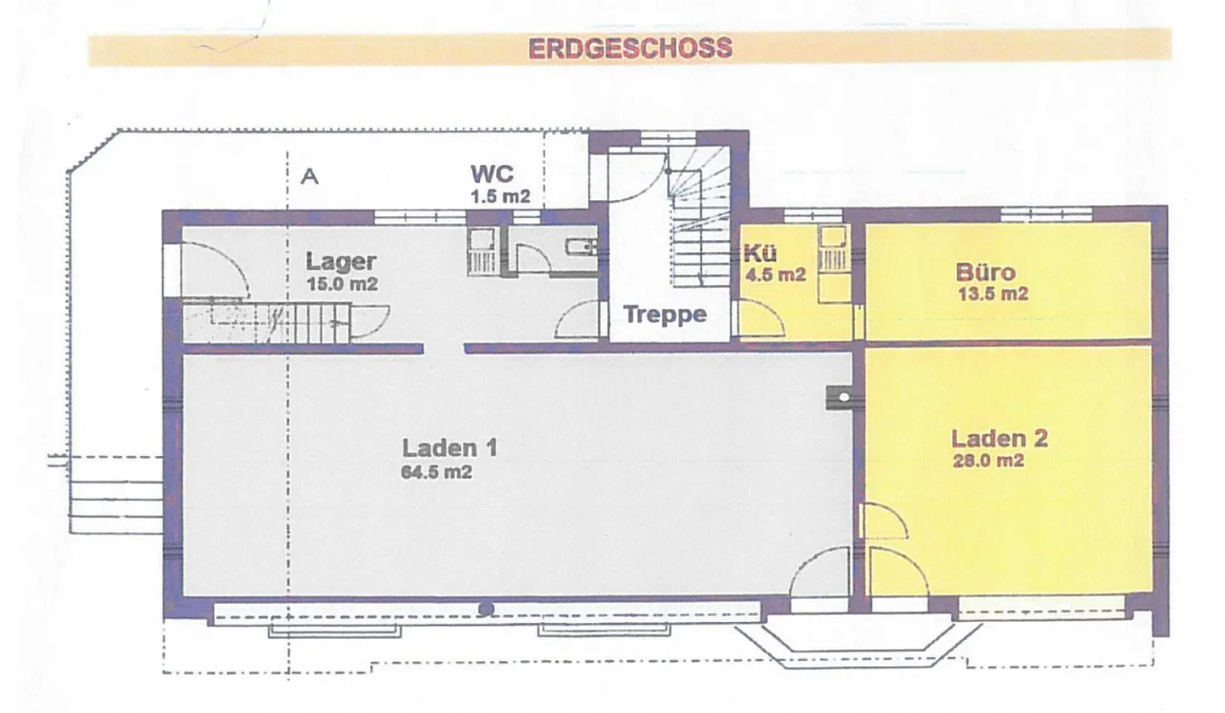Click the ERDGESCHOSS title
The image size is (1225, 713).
(x=630, y=48)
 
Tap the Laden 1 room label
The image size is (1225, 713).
(x=449, y=448)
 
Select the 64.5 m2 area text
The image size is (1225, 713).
(x=436, y=472)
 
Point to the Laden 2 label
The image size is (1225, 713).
(x=999, y=438)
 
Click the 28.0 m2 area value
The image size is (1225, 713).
(x=988, y=460)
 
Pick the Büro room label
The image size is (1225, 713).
(x=985, y=271)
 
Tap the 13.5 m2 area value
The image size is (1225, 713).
(x=993, y=294)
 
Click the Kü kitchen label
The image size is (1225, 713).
(x=760, y=254)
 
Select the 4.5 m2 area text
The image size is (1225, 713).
(x=776, y=274)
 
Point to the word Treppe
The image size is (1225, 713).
(x=665, y=315)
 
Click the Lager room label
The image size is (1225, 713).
(x=340, y=261)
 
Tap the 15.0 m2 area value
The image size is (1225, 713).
(x=342, y=284)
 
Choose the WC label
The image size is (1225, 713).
(x=493, y=174)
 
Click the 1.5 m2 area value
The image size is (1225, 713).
(x=500, y=197)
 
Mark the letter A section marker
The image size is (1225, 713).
(x=310, y=176)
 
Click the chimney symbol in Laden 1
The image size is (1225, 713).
(x=839, y=397)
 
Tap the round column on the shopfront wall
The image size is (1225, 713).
(x=486, y=608)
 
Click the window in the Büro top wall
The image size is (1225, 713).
(x=1046, y=214)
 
